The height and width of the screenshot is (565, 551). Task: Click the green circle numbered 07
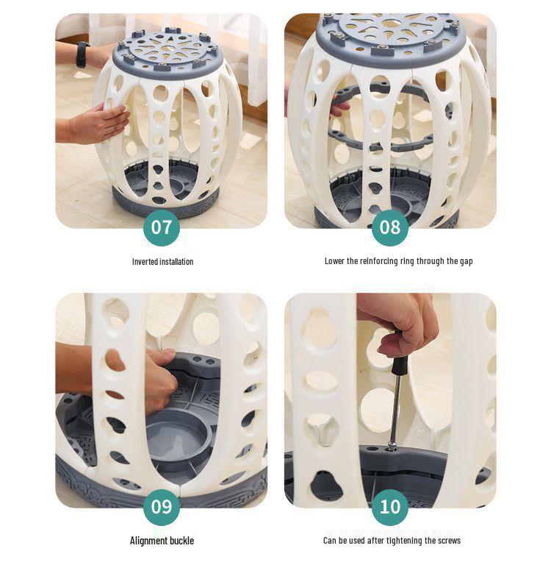162,228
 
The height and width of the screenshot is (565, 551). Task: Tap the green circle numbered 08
390,228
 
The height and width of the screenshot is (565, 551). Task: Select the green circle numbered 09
162,508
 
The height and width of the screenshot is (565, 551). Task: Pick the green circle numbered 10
390,508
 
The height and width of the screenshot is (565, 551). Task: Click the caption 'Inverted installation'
162,262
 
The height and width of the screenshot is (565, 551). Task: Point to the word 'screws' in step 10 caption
449,541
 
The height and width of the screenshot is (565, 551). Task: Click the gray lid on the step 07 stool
166,54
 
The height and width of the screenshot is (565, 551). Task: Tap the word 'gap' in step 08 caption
466,262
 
